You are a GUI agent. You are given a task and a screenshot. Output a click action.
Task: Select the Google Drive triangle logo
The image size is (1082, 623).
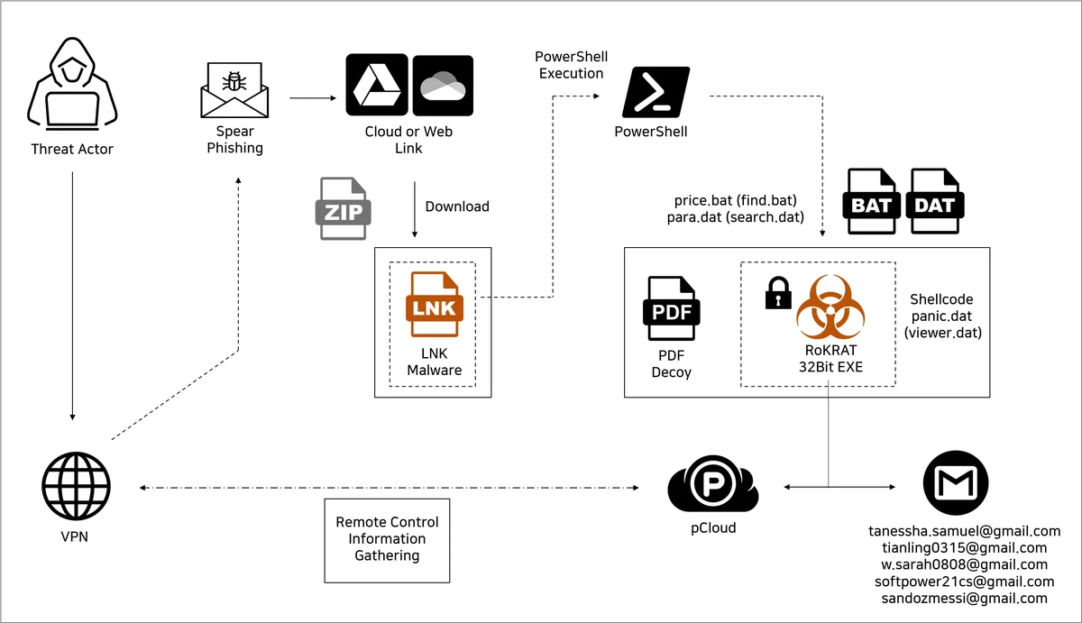(376, 85)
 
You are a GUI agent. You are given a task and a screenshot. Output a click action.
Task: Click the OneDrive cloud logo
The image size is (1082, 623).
(442, 85)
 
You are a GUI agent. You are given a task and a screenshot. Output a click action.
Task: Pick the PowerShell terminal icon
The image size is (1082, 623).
(656, 92)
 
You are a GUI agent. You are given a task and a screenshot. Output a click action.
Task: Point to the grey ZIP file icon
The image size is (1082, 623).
(344, 208)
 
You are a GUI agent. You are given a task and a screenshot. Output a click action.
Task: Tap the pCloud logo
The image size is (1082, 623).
(713, 486)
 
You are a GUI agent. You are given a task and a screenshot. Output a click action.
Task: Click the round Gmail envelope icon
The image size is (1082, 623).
(956, 486)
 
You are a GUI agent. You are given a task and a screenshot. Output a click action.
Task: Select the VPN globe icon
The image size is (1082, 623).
(76, 486)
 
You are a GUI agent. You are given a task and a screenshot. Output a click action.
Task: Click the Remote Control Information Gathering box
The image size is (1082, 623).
(387, 539)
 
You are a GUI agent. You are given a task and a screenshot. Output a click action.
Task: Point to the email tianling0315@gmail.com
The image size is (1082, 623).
(964, 547)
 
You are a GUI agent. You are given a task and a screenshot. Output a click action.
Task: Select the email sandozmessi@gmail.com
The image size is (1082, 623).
(964, 598)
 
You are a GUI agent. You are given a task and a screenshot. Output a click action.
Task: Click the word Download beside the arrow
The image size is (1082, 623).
(457, 206)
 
